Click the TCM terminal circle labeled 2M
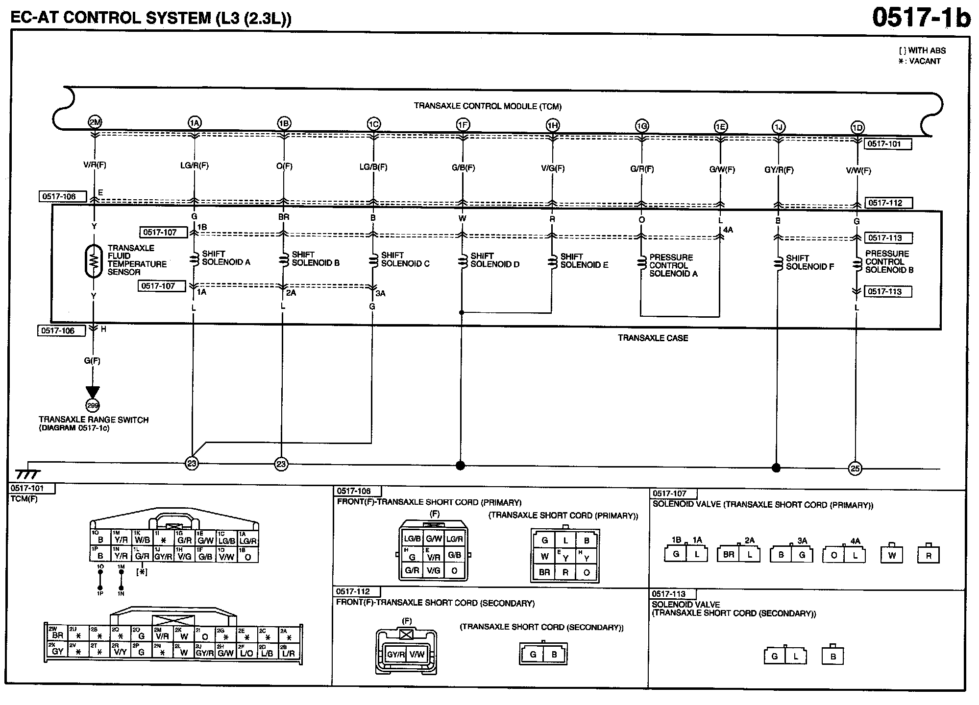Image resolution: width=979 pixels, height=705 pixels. (x=95, y=122)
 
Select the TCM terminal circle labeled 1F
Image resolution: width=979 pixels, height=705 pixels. (x=463, y=125)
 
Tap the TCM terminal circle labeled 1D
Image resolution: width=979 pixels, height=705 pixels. (x=857, y=127)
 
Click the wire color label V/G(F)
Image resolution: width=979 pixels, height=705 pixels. (x=553, y=168)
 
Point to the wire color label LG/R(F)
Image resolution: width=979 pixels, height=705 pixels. (x=195, y=165)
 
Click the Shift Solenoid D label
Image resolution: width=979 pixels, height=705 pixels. (x=494, y=260)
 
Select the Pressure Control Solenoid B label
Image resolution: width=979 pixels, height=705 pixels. (x=889, y=261)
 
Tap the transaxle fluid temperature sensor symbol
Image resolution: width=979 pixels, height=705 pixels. (x=93, y=261)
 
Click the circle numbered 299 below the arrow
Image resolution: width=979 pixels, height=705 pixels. (x=92, y=405)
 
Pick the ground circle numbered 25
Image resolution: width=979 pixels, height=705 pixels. (x=855, y=469)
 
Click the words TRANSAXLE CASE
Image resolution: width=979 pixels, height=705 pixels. (x=653, y=338)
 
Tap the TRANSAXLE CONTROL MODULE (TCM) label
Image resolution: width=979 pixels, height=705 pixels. (x=488, y=106)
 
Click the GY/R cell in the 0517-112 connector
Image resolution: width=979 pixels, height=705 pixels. (x=395, y=655)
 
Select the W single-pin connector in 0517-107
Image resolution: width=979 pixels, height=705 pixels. (x=892, y=555)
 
